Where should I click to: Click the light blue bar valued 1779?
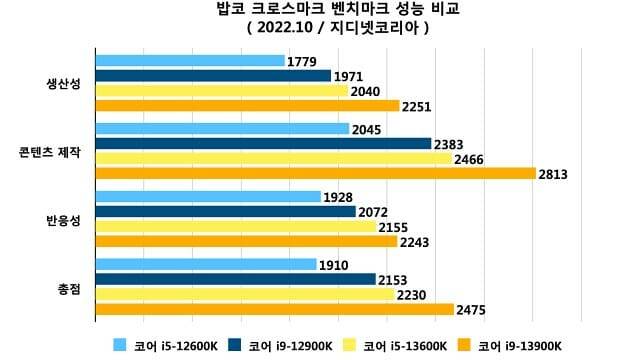tap(190, 61)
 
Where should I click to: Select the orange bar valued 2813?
tap(315, 173)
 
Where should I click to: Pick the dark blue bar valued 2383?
tap(263, 144)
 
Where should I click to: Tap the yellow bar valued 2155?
tap(236, 227)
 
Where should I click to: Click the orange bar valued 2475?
tap(275, 309)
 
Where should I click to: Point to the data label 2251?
tap(416, 106)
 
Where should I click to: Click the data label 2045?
tap(366, 129)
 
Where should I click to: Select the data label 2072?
tap(373, 212)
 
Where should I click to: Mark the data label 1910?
tap(333, 265)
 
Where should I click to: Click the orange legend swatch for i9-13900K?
tap(464, 345)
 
